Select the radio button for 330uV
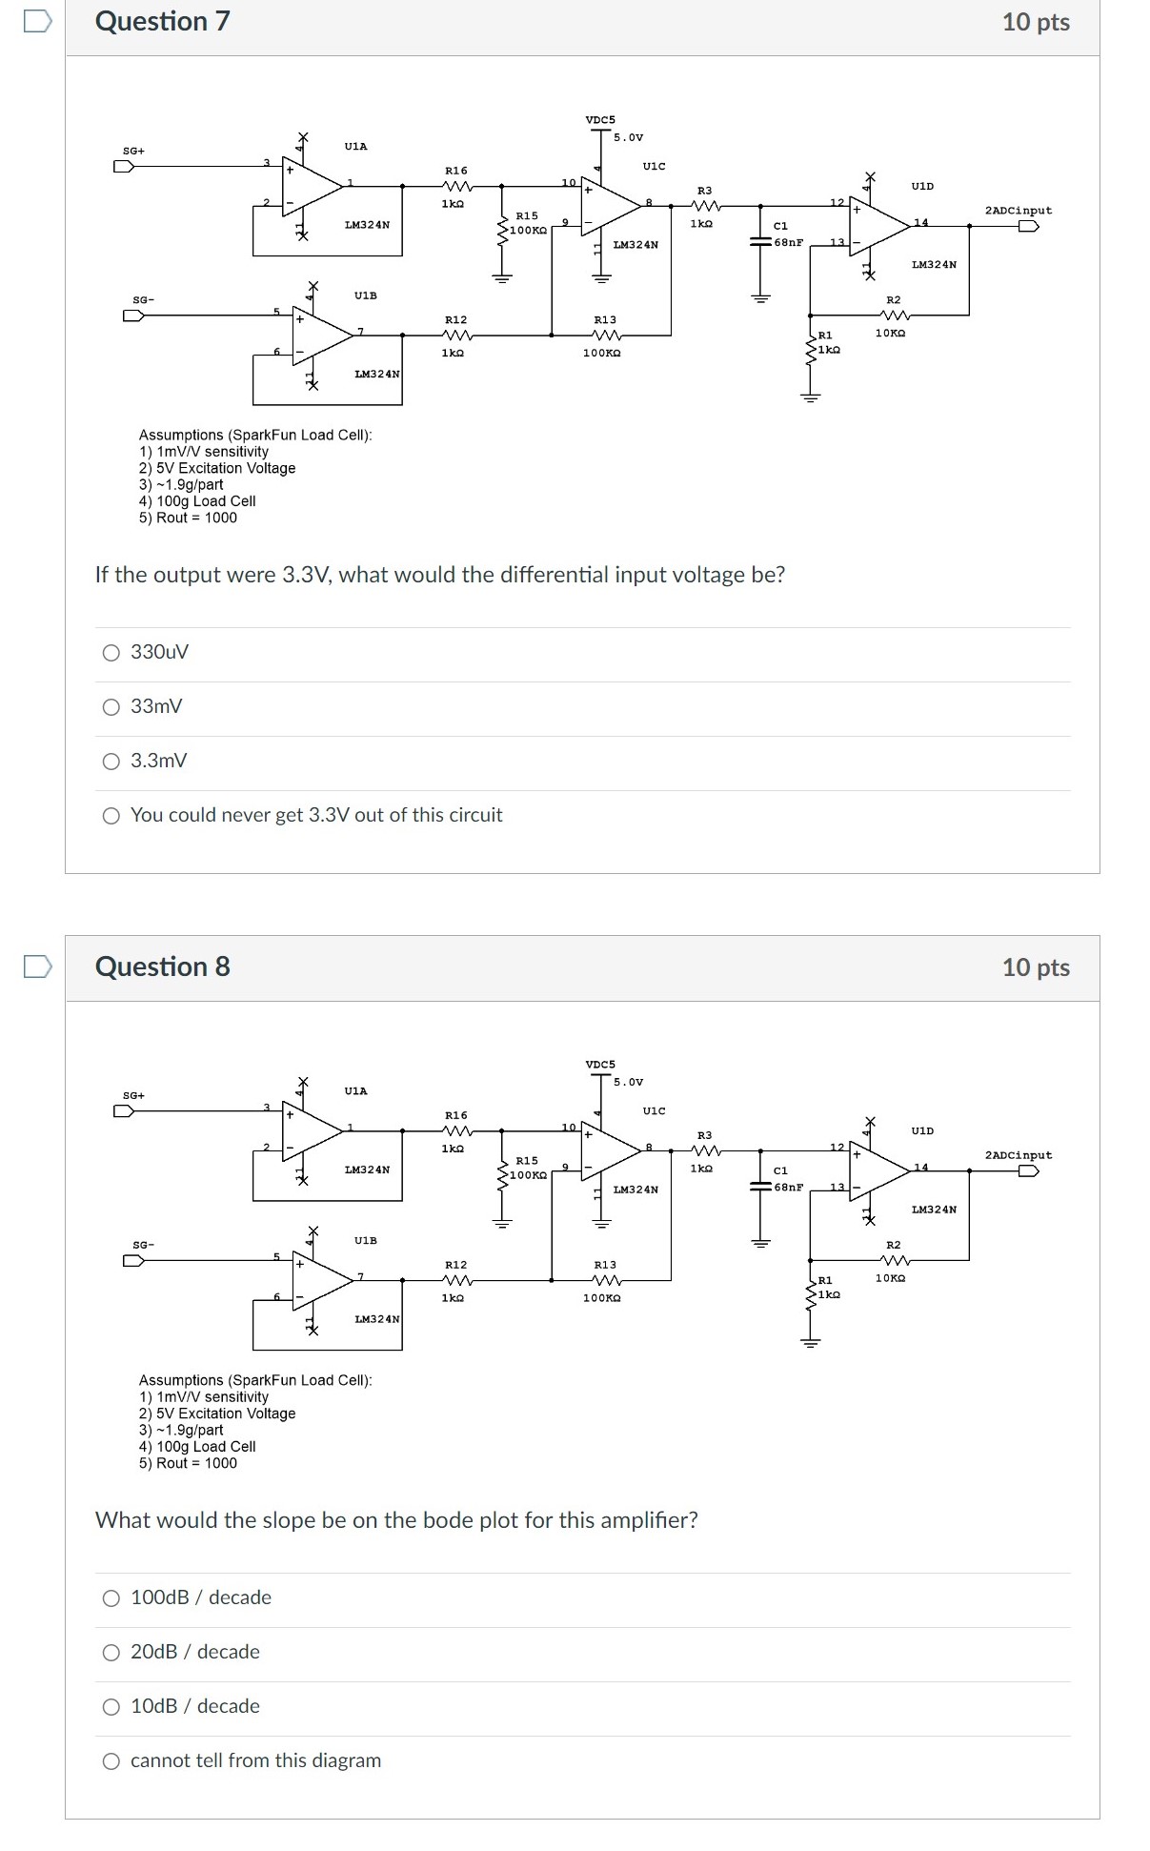click(111, 653)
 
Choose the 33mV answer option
click(111, 707)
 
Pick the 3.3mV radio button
click(111, 762)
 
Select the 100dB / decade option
click(111, 1598)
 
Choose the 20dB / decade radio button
click(111, 1653)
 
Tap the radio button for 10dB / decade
click(111, 1707)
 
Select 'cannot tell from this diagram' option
click(111, 1761)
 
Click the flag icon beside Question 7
click(38, 22)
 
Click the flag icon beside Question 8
click(38, 966)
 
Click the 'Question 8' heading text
click(163, 966)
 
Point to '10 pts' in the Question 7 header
click(1036, 22)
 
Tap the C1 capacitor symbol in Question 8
click(760, 1187)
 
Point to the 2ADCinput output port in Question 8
click(1028, 1170)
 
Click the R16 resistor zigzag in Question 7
click(456, 186)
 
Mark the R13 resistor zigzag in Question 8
click(606, 1280)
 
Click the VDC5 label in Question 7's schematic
click(600, 120)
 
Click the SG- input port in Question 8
click(133, 1260)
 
